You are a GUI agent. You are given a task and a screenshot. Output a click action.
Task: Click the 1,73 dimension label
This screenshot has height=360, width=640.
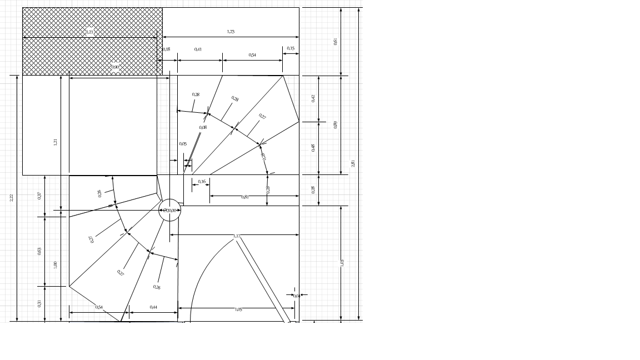click(x=231, y=32)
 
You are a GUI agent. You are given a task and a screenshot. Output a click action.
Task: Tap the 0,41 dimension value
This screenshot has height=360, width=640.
click(x=198, y=49)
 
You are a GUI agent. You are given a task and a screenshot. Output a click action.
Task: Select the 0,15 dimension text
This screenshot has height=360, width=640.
click(x=291, y=48)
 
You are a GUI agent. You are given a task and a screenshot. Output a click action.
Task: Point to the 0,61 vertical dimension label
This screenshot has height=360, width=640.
click(x=335, y=41)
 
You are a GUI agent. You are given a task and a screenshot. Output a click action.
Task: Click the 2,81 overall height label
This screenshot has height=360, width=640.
click(x=353, y=163)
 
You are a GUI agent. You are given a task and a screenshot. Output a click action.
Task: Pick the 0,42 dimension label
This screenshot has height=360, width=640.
click(x=313, y=98)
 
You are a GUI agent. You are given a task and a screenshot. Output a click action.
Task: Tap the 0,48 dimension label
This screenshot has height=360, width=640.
click(x=313, y=148)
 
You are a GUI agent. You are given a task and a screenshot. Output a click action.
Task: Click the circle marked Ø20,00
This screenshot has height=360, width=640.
click(x=170, y=211)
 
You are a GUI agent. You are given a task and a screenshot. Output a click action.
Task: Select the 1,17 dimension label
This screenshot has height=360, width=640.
click(x=237, y=237)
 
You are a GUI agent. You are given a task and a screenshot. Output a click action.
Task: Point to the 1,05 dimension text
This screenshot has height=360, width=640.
click(x=238, y=309)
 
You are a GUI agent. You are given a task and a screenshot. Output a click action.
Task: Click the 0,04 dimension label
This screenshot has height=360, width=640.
click(x=296, y=296)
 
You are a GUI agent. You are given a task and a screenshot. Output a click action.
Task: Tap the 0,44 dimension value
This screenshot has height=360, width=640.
click(x=153, y=307)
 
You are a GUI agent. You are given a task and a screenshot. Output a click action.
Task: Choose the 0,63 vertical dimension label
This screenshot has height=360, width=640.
click(x=39, y=251)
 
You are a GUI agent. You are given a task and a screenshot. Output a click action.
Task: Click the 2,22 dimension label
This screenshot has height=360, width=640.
click(x=11, y=198)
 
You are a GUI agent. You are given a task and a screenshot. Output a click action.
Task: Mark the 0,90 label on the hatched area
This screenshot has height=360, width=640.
click(x=115, y=67)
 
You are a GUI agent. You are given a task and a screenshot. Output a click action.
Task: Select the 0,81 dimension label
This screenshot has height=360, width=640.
click(x=244, y=197)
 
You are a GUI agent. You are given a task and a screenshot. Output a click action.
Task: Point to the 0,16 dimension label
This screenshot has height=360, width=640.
click(x=202, y=182)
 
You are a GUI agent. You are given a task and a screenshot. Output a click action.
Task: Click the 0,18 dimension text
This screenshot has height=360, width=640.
click(x=167, y=49)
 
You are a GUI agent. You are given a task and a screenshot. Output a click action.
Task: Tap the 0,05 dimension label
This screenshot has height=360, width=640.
click(x=183, y=144)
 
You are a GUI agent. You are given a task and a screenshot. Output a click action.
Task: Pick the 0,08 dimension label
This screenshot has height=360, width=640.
click(x=203, y=127)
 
